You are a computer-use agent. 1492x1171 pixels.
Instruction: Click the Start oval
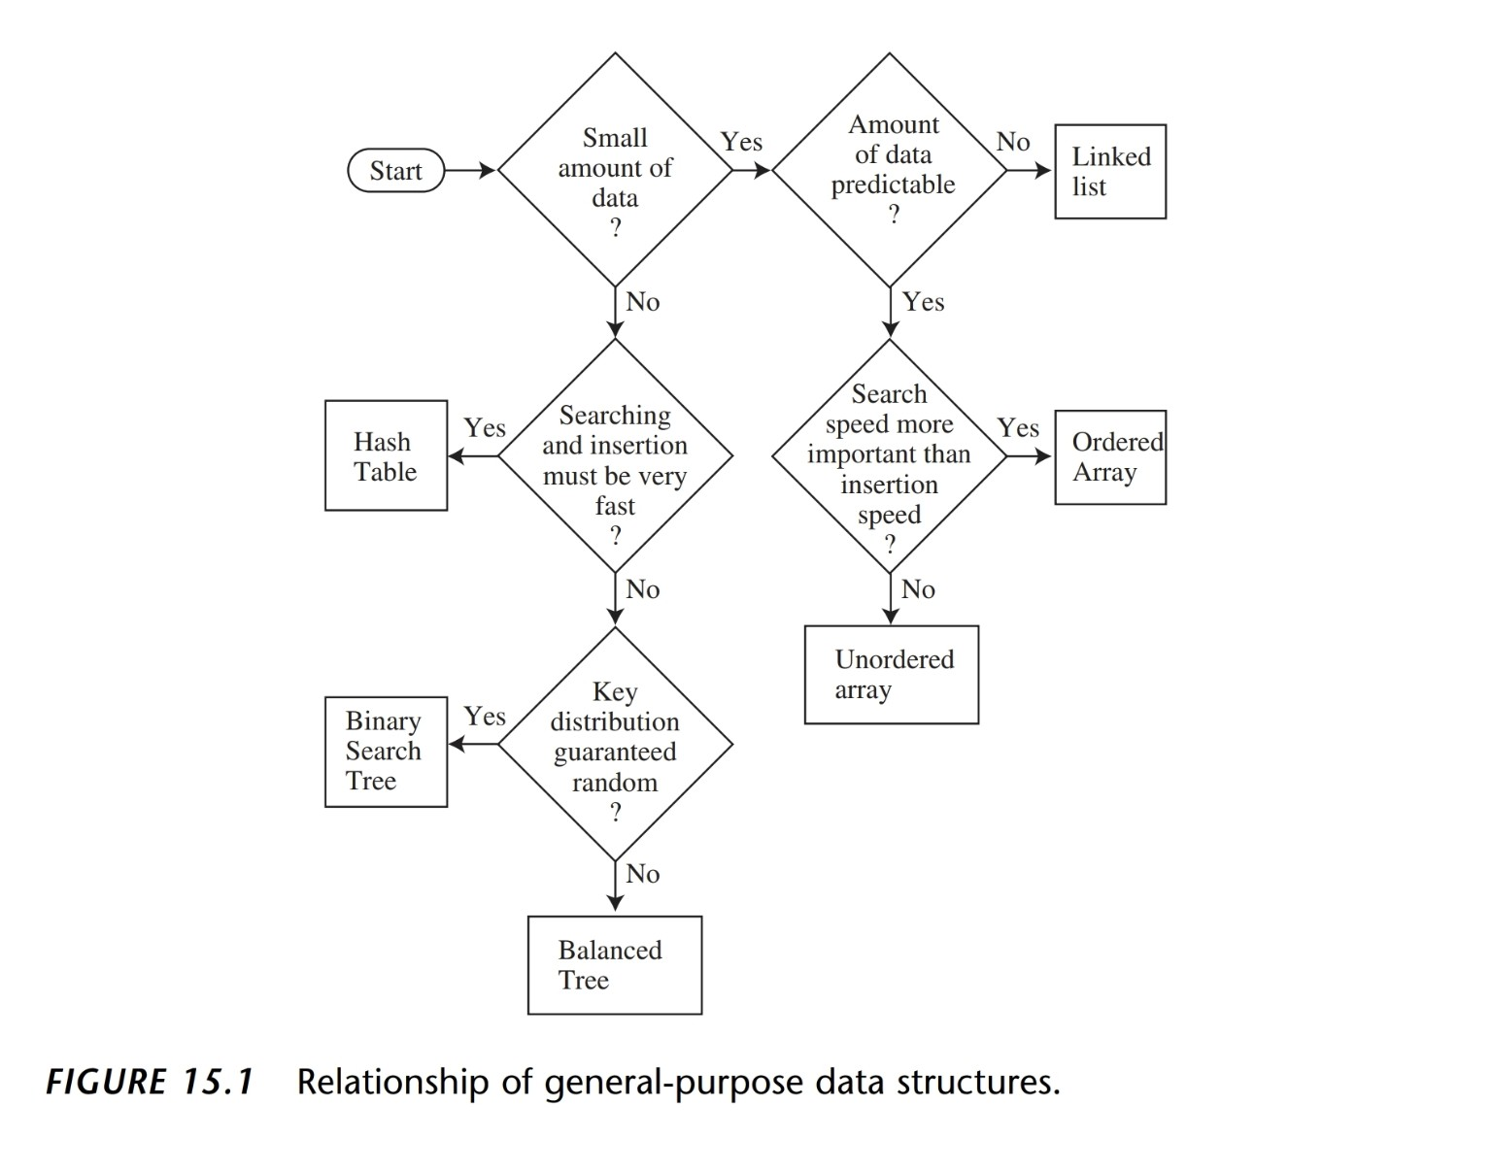[x=395, y=171]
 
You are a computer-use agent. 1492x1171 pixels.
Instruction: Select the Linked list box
[x=1109, y=171]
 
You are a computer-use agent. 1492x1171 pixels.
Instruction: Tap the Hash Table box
[x=386, y=455]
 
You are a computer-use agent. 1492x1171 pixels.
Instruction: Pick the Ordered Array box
[x=1109, y=456]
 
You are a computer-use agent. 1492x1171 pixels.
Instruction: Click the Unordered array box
[x=891, y=674]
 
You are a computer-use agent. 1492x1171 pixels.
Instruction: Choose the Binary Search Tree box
[x=386, y=751]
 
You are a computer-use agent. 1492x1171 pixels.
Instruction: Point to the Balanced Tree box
[x=614, y=964]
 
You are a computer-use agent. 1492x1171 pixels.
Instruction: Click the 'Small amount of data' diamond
[x=615, y=170]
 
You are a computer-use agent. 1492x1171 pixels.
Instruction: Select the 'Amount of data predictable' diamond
[x=890, y=170]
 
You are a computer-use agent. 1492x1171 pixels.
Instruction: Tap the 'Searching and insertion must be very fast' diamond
[x=615, y=456]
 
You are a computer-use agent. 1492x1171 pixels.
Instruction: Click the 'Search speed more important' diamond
[x=889, y=454]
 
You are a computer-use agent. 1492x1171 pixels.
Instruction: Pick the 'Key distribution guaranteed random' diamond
[x=615, y=744]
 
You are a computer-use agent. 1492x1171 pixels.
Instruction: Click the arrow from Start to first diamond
[x=470, y=171]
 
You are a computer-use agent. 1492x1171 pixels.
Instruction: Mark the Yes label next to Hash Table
[x=484, y=428]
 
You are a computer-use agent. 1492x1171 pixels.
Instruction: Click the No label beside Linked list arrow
[x=1012, y=142]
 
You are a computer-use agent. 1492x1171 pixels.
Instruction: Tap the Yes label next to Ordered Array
[x=1017, y=428]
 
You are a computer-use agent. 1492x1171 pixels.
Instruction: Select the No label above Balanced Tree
[x=642, y=874]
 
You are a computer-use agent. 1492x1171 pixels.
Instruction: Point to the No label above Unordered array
[x=917, y=589]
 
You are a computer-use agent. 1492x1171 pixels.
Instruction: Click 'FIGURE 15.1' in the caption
[x=150, y=1082]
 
